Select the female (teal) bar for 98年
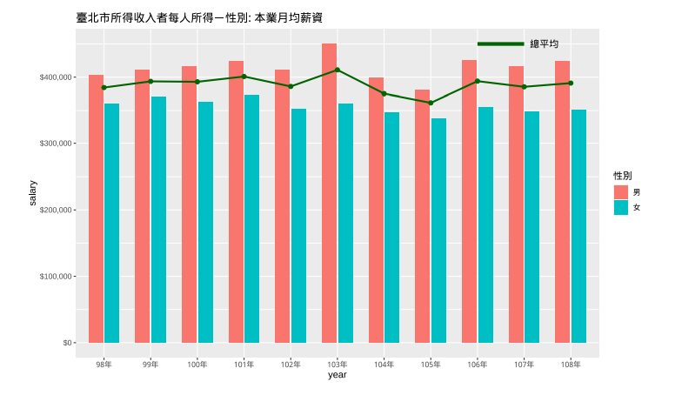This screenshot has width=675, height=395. (111, 223)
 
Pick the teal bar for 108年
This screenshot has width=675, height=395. (578, 226)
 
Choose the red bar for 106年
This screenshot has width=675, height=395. (469, 201)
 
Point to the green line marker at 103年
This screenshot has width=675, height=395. (337, 70)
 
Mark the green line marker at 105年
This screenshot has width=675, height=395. (431, 103)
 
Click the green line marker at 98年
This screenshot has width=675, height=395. (104, 87)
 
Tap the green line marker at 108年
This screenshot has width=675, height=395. (571, 84)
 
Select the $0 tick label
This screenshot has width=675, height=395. (66, 343)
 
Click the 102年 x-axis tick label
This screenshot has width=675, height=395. (291, 364)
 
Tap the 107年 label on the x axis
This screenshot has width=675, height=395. (524, 364)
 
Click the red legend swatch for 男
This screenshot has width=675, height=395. (621, 191)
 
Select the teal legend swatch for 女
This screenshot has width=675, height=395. (621, 207)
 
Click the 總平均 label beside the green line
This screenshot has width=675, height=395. (545, 44)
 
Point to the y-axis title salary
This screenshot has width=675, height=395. (33, 193)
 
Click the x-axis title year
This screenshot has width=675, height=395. (337, 375)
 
